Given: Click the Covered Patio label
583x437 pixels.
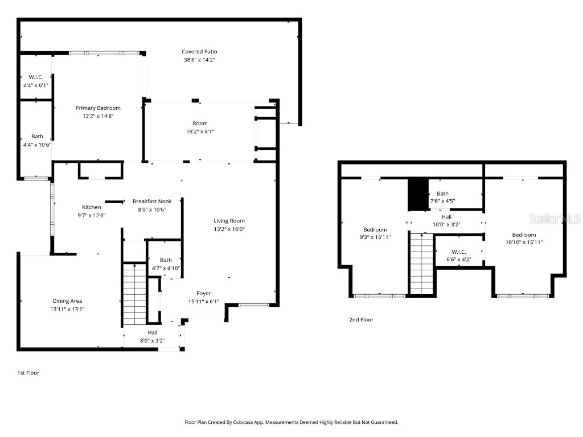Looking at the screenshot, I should coord(199,52).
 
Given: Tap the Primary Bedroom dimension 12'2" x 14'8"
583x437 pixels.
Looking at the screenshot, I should coord(98,116).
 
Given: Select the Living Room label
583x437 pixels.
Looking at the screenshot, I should coord(229,221).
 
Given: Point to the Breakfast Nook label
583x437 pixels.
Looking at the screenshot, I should coord(152,201).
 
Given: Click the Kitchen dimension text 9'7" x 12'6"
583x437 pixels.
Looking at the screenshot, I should coord(92,215).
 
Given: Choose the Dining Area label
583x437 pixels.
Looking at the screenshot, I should coord(68,301).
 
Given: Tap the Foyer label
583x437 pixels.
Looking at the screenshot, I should coord(204,294).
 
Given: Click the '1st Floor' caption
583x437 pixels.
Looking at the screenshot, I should coord(28,373).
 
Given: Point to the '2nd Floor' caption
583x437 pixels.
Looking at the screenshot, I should coord(361,320).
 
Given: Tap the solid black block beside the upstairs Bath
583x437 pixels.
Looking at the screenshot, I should coord(418,195).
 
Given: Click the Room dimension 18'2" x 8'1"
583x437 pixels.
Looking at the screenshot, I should coord(200,131).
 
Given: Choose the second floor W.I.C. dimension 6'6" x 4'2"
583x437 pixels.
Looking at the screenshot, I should coord(459,259).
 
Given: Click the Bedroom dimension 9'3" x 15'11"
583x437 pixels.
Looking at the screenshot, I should coord(375,237).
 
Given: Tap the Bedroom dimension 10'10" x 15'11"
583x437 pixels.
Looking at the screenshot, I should coord(524,242).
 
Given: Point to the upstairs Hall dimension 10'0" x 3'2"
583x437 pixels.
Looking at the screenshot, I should coord(446,224).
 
